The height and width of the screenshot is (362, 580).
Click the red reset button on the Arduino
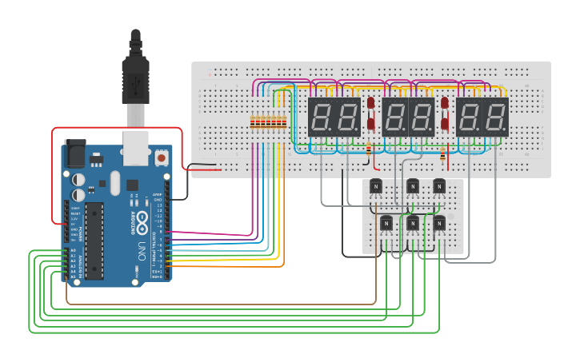[x=162, y=158]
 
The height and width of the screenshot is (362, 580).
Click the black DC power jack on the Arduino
[x=74, y=152]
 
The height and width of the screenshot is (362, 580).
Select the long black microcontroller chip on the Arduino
[x=95, y=234]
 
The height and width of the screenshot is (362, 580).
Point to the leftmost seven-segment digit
[x=322, y=117]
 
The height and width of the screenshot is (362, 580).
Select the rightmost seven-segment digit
[x=496, y=117]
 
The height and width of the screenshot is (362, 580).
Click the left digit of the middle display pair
[x=395, y=117]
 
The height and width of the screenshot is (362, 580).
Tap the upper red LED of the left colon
[x=371, y=104]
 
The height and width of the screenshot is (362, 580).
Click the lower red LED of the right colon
[x=445, y=124]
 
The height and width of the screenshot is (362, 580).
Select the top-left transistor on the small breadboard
[x=375, y=187]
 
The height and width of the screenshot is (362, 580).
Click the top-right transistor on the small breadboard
[x=439, y=187]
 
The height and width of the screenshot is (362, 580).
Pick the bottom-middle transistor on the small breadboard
[x=413, y=223]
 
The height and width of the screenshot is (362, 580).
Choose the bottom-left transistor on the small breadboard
[x=386, y=223]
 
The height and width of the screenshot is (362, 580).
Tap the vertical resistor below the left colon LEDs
[x=367, y=149]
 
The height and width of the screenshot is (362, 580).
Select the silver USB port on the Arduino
[x=134, y=145]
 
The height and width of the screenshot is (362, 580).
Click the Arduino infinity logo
[x=142, y=218]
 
